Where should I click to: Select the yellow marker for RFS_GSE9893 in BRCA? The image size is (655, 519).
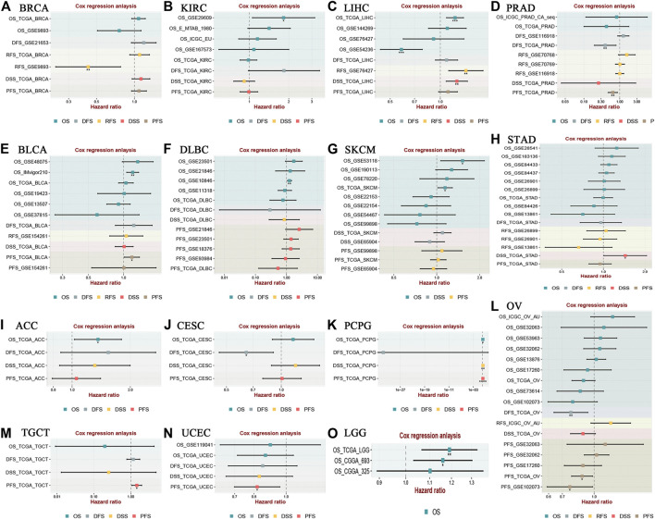pos(88,68)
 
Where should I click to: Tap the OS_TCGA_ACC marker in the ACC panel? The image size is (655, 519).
pos(98,340)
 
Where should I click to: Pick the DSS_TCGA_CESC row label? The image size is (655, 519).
pos(195,365)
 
